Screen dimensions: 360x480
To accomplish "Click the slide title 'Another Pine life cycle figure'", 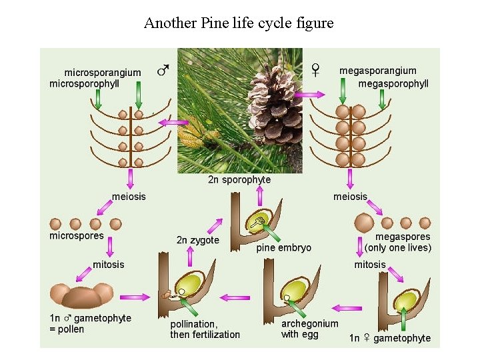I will [239, 23].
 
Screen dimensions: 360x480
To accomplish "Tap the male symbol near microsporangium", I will [163, 69].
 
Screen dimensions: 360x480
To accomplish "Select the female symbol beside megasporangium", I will [315, 69].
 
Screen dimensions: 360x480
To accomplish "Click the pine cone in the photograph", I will [275, 100].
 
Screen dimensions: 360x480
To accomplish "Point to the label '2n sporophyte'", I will [239, 179].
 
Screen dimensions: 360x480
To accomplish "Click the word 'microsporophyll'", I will [85, 84].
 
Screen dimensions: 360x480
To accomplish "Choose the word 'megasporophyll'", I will [393, 84].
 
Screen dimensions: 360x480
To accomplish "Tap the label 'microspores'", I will [77, 235].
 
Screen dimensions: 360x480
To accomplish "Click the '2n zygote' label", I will [198, 240].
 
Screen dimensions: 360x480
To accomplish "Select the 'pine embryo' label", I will [283, 248].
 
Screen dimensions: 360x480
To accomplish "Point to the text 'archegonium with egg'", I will [309, 329].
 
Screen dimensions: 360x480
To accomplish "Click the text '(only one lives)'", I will [398, 248].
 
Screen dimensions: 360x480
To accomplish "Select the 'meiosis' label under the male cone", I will [129, 196].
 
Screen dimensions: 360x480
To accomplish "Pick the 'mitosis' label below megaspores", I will [370, 265].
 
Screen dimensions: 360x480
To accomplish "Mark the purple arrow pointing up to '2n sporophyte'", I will [259, 195].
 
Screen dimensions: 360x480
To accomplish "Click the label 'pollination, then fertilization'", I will [205, 329].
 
